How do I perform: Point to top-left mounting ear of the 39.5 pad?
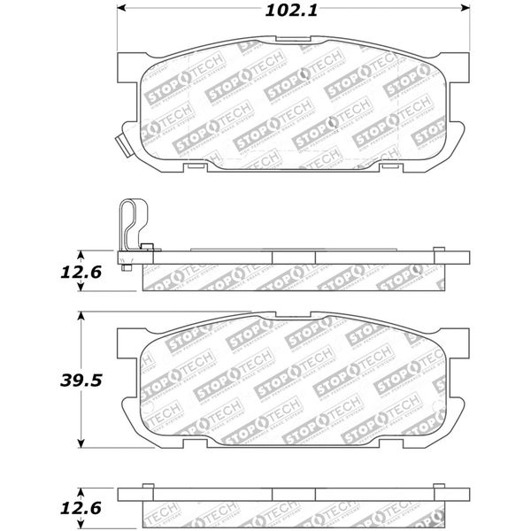point(127,339)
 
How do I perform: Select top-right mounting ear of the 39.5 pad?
point(458,339)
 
